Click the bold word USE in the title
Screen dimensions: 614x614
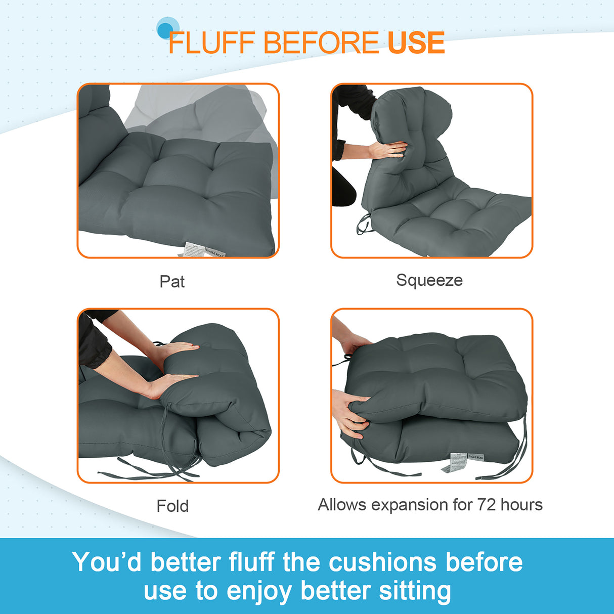point(416,42)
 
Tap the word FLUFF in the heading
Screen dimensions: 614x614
point(211,42)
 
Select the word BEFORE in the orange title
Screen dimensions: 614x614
point(321,42)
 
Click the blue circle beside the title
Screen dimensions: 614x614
point(166,29)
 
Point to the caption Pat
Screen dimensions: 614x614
point(172,281)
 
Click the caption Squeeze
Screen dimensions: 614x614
point(429,280)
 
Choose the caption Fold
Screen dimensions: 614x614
point(172,506)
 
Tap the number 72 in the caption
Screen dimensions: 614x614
point(487,505)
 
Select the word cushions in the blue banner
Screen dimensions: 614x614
point(382,562)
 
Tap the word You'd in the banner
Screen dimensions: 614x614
point(106,562)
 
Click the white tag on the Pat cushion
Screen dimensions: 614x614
point(195,249)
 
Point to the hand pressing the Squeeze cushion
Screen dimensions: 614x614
point(388,150)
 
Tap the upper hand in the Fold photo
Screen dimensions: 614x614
point(177,349)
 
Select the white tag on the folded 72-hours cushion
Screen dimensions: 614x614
point(458,460)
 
